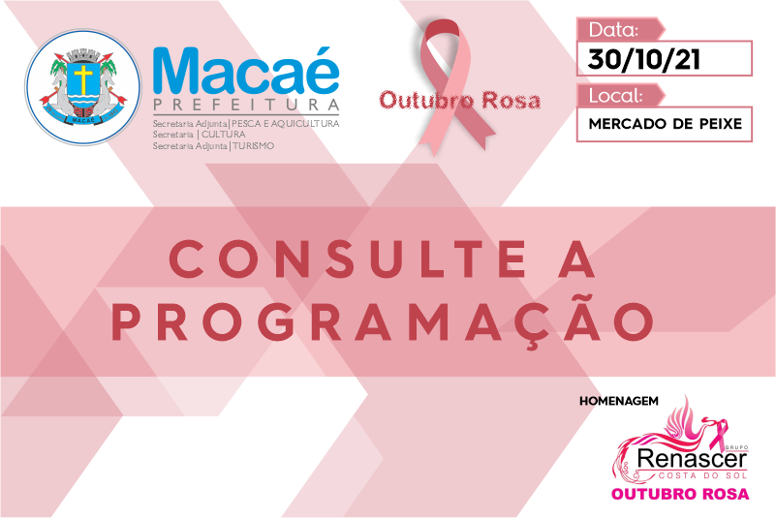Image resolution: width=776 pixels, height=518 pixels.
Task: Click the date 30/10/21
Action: click(644, 59)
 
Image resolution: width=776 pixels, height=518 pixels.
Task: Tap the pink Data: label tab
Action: click(620, 30)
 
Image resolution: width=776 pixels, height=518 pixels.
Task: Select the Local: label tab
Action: click(620, 96)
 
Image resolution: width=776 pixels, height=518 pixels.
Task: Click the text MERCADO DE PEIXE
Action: click(666, 124)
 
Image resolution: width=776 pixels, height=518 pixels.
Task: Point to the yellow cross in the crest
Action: click(83, 79)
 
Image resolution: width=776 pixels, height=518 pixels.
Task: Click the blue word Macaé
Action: click(246, 72)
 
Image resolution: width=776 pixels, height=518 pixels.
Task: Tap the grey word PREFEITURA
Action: click(246, 105)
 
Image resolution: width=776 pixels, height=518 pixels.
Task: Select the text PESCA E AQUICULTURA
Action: click(286, 124)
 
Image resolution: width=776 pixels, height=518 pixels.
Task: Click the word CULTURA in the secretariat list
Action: click(223, 135)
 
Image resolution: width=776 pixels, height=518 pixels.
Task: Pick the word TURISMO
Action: click(254, 146)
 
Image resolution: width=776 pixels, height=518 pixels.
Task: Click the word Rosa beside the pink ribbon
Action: click(511, 101)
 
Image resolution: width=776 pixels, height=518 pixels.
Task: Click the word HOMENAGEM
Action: click(619, 401)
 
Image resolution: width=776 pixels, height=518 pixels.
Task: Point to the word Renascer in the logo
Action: click(692, 459)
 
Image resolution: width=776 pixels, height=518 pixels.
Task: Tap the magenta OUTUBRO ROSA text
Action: click(680, 494)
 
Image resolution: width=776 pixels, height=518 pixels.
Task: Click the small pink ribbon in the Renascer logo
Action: click(719, 432)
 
